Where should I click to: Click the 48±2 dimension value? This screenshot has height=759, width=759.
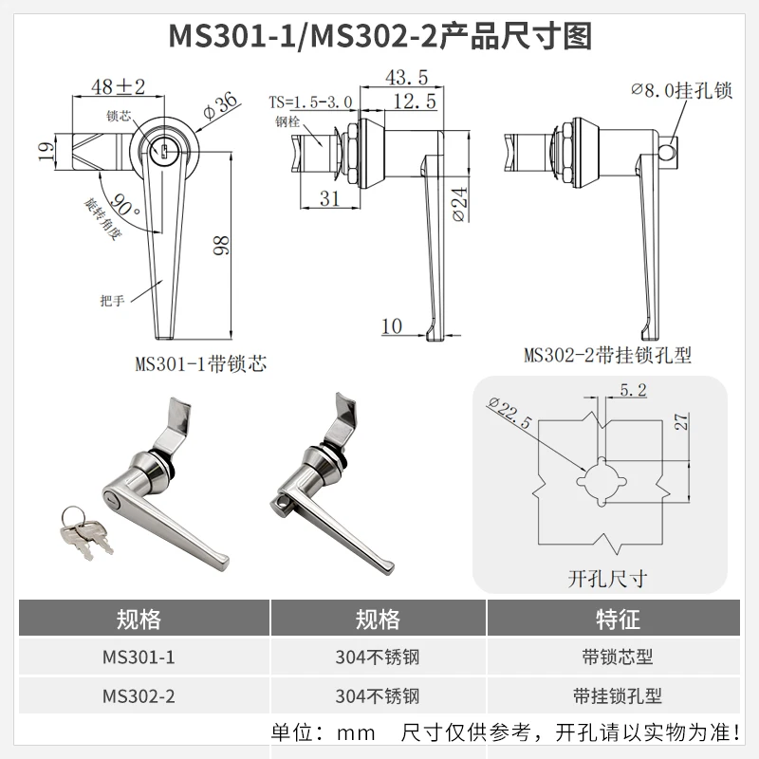118,87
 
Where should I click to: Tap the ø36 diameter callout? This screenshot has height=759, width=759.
220,106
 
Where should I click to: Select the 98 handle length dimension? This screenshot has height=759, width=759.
222,246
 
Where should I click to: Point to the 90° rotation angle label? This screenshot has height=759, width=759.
124,205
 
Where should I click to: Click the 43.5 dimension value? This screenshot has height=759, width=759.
407,78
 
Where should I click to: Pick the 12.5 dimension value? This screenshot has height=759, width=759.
415,102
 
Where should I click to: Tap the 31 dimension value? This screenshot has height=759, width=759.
329,198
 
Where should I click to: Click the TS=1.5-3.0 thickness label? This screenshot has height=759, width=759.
311,102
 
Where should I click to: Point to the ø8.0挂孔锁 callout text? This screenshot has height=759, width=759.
681,90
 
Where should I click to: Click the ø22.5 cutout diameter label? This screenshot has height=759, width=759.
509,413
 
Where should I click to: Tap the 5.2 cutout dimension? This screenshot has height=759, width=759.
633,390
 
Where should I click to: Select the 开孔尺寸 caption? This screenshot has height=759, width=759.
607,579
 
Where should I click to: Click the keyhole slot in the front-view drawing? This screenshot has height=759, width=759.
163,152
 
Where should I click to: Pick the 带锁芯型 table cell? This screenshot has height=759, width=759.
618,657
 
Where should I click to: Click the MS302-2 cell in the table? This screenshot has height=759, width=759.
139,696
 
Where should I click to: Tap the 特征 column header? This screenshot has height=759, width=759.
618,620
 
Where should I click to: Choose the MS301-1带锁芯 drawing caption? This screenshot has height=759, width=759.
200,364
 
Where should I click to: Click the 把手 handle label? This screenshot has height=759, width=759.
112,301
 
